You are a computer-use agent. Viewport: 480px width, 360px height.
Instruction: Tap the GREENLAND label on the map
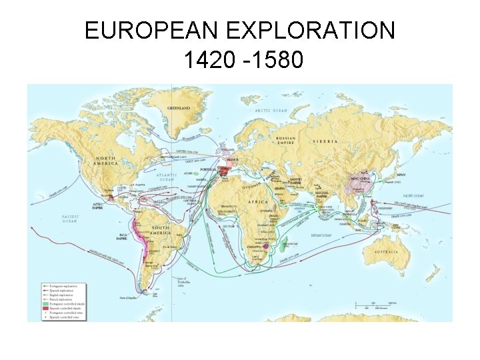tap(178, 108)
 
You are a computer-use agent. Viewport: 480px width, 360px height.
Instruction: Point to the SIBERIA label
tap(324, 142)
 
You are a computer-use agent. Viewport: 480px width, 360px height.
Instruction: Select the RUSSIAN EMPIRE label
tap(287, 140)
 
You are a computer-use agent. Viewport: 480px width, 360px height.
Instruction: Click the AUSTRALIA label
tap(386, 251)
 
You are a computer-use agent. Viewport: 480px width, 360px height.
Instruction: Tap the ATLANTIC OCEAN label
tap(167, 177)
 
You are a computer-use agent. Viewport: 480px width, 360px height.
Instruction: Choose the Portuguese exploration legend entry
tap(61, 286)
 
